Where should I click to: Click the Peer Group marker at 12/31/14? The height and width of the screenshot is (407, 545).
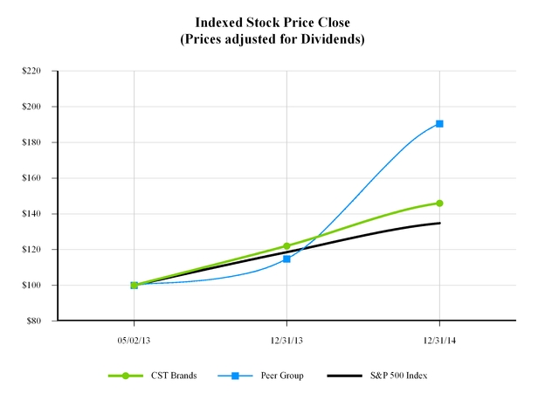click(x=439, y=123)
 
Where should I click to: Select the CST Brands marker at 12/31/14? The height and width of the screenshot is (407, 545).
click(x=439, y=203)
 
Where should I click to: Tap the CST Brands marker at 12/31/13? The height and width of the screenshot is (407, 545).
click(x=286, y=246)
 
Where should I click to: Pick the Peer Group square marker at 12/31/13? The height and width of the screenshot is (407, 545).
click(x=286, y=259)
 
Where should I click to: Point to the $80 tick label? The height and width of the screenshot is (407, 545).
click(x=35, y=321)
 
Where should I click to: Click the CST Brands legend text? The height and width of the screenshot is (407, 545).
click(x=179, y=376)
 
